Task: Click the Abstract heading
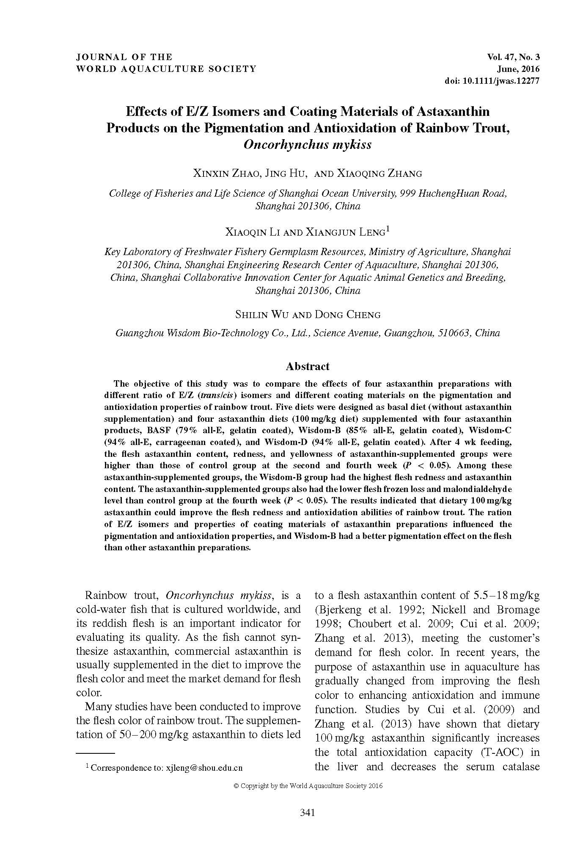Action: pos(308,366)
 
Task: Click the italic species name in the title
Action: pos(308,145)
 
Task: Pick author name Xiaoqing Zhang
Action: pos(379,173)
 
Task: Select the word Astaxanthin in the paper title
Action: pos(453,112)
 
